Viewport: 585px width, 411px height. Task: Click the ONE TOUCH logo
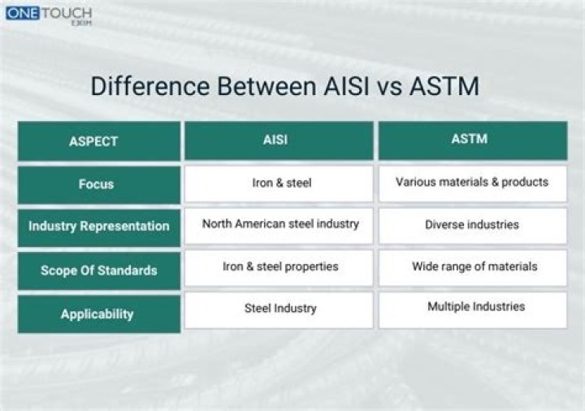pyautogui.click(x=48, y=15)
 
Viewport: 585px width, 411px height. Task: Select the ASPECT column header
pyautogui.click(x=98, y=141)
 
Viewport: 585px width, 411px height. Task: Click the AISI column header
pyautogui.click(x=279, y=140)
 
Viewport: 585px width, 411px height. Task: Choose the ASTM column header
pyautogui.click(x=472, y=140)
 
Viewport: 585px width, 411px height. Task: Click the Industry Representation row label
pyautogui.click(x=98, y=227)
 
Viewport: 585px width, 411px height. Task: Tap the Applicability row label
pyautogui.click(x=98, y=314)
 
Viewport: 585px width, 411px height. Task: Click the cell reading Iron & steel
pyautogui.click(x=279, y=184)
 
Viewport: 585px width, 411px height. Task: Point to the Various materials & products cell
pyautogui.click(x=472, y=183)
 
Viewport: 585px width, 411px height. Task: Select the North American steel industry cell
pyautogui.click(x=279, y=224)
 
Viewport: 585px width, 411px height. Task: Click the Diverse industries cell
pyautogui.click(x=472, y=225)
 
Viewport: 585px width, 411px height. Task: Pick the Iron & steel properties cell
pyautogui.click(x=279, y=267)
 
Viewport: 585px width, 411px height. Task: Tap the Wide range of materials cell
pyautogui.click(x=472, y=267)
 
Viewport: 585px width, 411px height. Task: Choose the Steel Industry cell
pyautogui.click(x=279, y=309)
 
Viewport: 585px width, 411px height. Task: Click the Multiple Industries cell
pyautogui.click(x=472, y=308)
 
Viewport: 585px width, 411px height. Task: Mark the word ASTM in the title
pyautogui.click(x=443, y=86)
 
